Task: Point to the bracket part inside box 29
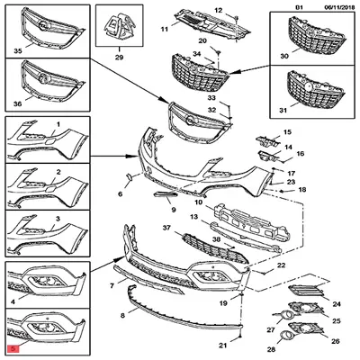pyautogui.click(x=117, y=27)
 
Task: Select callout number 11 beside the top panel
pyautogui.click(x=164, y=30)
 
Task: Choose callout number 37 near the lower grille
pyautogui.click(x=166, y=229)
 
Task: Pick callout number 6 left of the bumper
pyautogui.click(x=119, y=193)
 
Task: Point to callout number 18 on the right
pyautogui.click(x=302, y=190)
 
